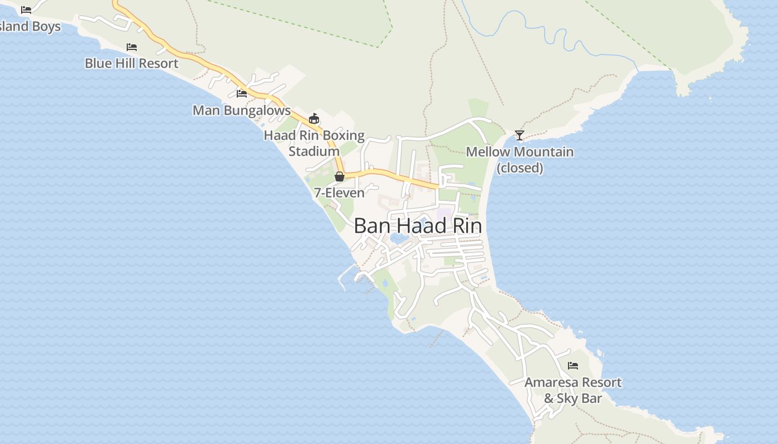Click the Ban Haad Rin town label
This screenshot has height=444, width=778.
pos(417,226)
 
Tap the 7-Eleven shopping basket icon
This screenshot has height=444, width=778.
pos(340,176)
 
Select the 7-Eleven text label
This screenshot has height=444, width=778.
pos(339,193)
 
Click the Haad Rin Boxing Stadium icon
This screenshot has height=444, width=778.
pos(314,118)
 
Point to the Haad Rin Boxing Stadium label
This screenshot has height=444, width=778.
pos(314,143)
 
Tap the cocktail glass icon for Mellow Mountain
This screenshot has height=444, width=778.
pos(519,135)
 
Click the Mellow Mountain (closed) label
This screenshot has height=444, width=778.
pos(520,159)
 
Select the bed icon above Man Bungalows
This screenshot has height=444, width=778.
pos(241,94)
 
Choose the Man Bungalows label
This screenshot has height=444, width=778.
pos(241,110)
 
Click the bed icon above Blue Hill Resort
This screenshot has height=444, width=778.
pos(132,47)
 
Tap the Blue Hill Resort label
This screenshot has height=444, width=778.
pos(132,63)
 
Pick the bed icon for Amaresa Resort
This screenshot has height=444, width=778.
pos(573,366)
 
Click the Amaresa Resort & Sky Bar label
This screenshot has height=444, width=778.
pos(573,390)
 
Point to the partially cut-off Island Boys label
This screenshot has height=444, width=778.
pos(30,26)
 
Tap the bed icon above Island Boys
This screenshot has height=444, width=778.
pos(26,9)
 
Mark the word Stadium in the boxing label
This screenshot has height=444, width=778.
pos(314,151)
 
